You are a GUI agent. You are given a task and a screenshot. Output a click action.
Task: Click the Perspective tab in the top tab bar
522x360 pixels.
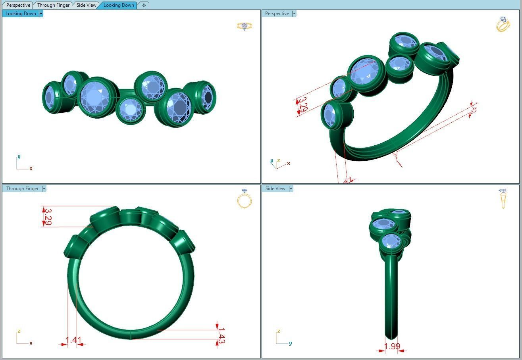pos(18,5)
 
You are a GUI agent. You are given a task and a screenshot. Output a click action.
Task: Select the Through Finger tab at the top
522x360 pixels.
pos(53,5)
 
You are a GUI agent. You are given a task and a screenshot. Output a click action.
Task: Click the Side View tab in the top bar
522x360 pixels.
pos(86,5)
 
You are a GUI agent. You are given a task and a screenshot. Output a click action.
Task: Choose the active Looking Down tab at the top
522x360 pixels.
pos(119,5)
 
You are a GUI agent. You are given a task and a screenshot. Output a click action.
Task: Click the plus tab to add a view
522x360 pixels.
pos(144,5)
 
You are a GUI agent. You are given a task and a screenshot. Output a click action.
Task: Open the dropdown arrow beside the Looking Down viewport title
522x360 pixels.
pos(41,13)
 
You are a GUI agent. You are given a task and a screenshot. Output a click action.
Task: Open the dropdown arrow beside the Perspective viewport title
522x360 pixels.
pos(294,13)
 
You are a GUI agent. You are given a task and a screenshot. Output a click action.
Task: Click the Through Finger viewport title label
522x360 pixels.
pos(22,189)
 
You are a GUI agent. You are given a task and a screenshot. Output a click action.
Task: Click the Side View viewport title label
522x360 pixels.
pos(275,189)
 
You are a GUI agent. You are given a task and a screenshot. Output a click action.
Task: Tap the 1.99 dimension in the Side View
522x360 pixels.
pos(392,346)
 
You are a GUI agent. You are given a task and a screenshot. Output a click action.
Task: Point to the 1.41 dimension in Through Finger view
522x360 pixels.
pos(73,340)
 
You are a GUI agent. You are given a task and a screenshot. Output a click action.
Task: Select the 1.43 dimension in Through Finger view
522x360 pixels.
pos(221,335)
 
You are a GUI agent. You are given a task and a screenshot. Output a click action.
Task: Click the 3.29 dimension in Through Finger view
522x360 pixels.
pos(48,217)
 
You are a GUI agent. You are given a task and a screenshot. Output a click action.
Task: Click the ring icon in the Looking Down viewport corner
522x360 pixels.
pos(245,26)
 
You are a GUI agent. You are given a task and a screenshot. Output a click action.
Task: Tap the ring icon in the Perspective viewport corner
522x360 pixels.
pos(503,24)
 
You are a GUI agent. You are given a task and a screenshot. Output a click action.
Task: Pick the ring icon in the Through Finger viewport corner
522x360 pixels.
pos(245,199)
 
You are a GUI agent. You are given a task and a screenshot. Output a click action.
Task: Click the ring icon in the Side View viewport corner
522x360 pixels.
pos(503,198)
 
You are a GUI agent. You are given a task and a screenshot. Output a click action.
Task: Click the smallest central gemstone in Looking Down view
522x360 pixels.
pos(131,109)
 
